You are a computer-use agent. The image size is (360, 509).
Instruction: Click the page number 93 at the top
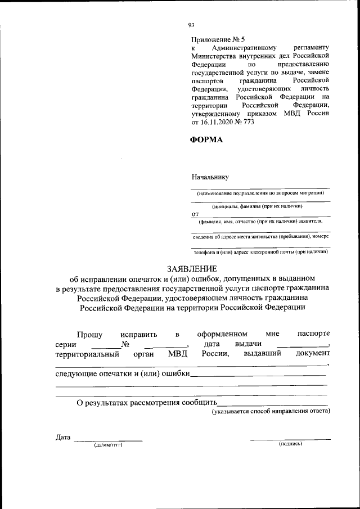point(191,25)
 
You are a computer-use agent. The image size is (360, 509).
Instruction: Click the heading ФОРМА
point(208,140)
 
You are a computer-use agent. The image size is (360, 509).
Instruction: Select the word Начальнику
point(210,177)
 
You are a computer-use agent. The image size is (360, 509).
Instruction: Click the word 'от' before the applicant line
point(195,214)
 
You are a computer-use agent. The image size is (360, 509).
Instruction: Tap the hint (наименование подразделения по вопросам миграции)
point(260,193)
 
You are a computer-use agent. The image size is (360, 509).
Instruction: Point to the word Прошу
point(89,334)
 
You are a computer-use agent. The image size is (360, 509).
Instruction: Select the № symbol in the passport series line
point(126,344)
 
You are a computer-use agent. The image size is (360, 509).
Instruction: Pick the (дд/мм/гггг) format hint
point(108,445)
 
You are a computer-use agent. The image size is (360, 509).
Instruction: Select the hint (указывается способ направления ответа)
point(271,411)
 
